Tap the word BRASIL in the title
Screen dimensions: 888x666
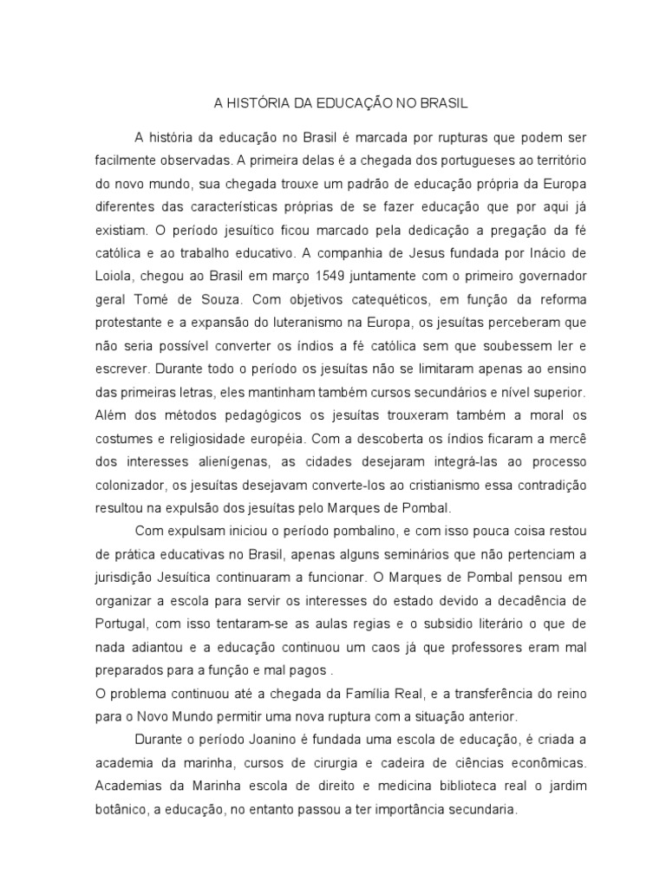click(442, 103)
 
